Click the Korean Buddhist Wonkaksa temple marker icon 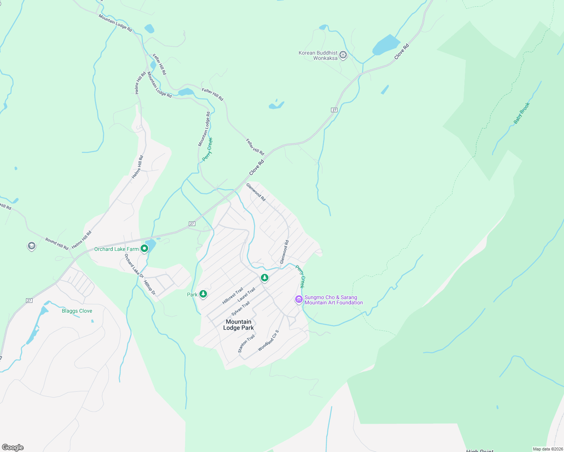point(343,55)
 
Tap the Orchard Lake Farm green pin point(144,249)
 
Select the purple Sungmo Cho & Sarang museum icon point(299,299)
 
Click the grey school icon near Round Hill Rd point(32,246)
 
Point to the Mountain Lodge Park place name point(239,325)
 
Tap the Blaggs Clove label point(77,311)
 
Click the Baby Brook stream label point(522,113)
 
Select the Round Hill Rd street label point(57,244)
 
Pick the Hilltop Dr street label point(150,287)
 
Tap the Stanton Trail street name point(246,344)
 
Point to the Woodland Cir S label point(268,341)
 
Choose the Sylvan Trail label point(241,308)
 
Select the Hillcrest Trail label point(233,296)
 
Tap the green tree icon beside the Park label point(203,294)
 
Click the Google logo point(13,447)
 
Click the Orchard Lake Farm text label point(116,249)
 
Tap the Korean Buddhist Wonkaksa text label point(318,55)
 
